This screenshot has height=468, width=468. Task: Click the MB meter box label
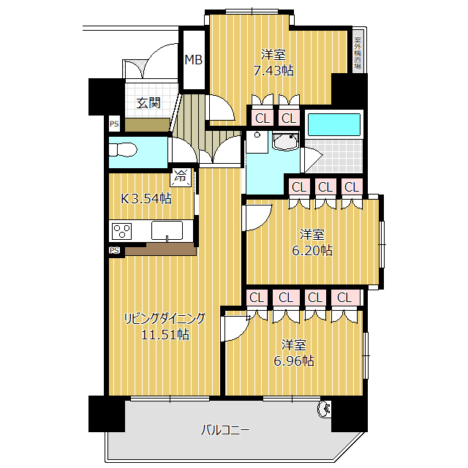tap(194, 60)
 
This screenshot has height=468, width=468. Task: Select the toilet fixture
tap(123, 151)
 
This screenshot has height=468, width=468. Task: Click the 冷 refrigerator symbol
tap(180, 176)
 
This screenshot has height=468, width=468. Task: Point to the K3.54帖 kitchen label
tap(146, 198)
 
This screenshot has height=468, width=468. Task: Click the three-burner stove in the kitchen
tap(121, 232)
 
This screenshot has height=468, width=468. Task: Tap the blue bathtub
tap(333, 124)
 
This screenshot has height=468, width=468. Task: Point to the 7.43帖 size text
tap(273, 71)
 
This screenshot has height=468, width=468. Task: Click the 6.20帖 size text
tap(312, 250)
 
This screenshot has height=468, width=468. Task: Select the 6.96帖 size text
tap(294, 361)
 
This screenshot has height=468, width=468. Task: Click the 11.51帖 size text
tap(165, 335)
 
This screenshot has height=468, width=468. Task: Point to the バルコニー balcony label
tap(225, 430)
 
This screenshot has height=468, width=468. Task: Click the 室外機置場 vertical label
tap(357, 52)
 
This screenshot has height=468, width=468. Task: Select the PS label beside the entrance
tap(114, 124)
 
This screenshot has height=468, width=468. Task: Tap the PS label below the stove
tap(114, 251)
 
